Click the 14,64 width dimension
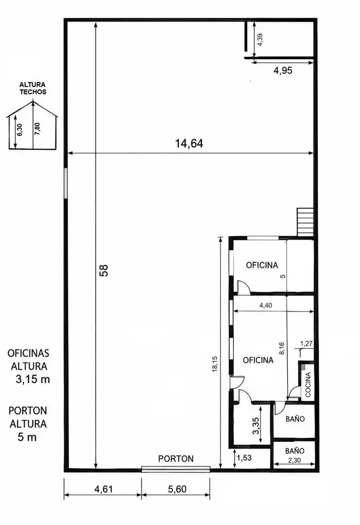click(x=189, y=144)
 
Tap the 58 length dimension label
click(x=104, y=271)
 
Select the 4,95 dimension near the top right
click(x=283, y=71)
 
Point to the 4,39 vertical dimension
click(x=260, y=40)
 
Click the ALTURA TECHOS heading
click(x=32, y=89)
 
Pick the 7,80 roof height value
click(x=37, y=129)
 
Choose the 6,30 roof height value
click(x=20, y=130)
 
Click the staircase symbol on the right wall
click(x=305, y=222)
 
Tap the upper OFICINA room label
click(x=262, y=265)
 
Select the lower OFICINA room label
click(x=258, y=360)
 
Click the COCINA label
click(x=308, y=384)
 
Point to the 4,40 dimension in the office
click(x=266, y=306)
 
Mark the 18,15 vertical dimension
click(x=215, y=364)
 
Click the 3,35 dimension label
click(x=256, y=425)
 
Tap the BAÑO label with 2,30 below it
click(x=295, y=451)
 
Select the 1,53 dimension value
click(x=244, y=457)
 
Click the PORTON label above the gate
click(x=176, y=459)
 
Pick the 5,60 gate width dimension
click(x=177, y=489)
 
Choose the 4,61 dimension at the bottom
click(x=103, y=489)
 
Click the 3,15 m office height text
click(x=33, y=380)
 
